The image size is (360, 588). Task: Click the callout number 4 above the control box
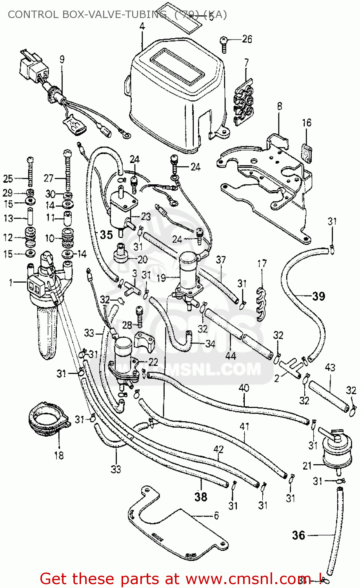point(142,26)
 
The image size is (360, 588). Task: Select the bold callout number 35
point(106,235)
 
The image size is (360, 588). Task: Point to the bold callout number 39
point(318,296)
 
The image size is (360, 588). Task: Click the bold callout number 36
point(298,535)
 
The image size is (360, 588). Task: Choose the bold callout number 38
point(200,497)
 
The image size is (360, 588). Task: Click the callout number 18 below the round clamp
point(59,456)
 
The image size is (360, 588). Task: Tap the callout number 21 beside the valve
point(307,466)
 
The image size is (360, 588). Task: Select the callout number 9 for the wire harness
point(62,60)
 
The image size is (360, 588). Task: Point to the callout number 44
point(231,356)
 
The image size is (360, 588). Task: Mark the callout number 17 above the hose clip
point(262,264)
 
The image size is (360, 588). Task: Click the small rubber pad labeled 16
point(307,152)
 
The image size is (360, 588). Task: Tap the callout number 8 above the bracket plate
point(279,106)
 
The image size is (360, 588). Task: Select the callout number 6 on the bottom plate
point(216,516)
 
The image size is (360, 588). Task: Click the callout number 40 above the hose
point(244,388)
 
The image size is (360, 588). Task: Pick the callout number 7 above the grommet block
point(246,63)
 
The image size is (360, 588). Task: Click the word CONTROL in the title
point(33,15)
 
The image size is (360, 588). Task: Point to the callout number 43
point(330,367)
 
